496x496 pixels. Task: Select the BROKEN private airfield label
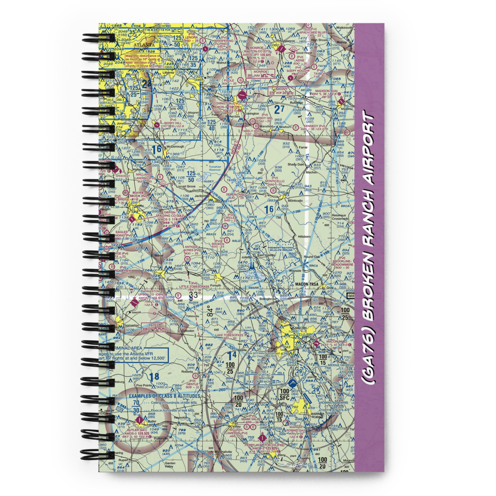[x=218, y=244]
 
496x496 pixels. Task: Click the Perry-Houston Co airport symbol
[x=262, y=437]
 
